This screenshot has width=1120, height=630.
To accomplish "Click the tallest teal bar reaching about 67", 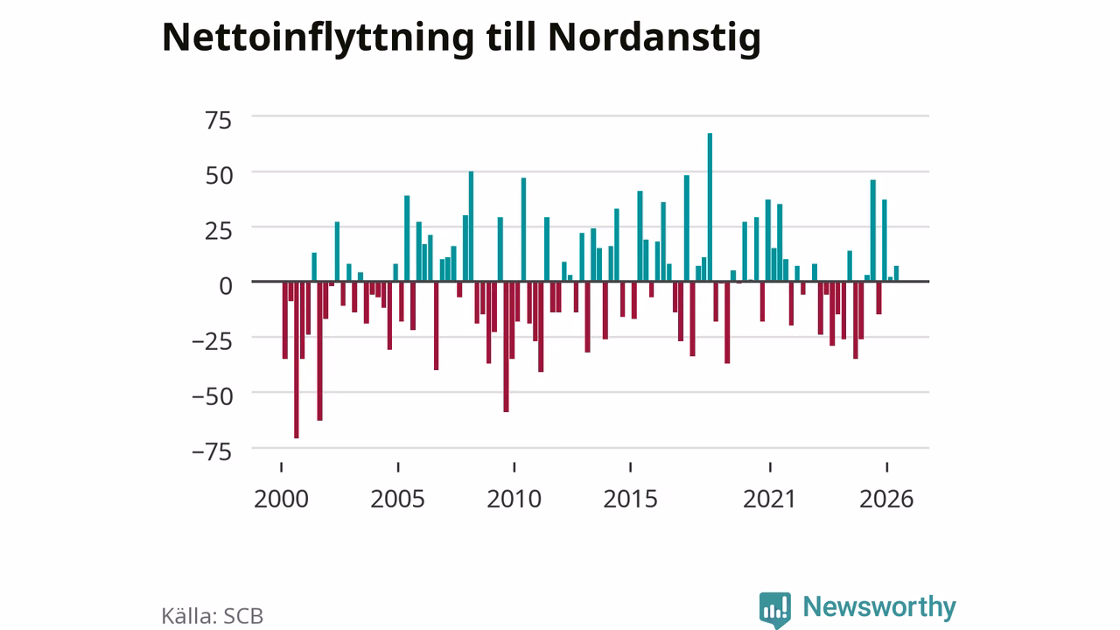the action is click(x=710, y=207).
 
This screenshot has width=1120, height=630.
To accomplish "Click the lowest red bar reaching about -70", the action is click(x=297, y=360).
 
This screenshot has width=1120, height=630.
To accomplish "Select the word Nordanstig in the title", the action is click(x=654, y=38).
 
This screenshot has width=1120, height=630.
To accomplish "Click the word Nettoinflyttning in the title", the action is click(x=318, y=38).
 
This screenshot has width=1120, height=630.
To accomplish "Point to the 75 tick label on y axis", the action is click(x=219, y=121).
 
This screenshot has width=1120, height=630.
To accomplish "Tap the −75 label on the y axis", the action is click(x=212, y=452).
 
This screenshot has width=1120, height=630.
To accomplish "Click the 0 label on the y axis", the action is click(x=226, y=286).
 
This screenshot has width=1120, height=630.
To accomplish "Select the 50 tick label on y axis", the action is click(x=219, y=176).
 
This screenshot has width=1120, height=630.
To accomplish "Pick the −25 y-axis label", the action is click(x=212, y=341).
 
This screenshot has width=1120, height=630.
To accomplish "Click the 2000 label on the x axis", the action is click(x=281, y=499).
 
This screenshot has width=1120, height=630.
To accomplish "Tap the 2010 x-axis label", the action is click(x=514, y=499).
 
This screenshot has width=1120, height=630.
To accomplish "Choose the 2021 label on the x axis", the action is click(x=769, y=499).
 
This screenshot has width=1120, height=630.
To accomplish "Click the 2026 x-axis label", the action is click(x=886, y=499).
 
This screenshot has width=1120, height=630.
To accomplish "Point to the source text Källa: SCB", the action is click(x=212, y=616).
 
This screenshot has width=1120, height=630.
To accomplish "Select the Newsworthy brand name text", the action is click(x=879, y=607).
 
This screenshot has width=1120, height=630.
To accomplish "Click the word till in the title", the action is click(x=510, y=37).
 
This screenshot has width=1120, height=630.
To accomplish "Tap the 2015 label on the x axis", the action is click(x=631, y=499).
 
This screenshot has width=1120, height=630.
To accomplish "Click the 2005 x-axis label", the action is click(x=397, y=499).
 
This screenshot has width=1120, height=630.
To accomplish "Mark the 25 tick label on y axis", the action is click(x=219, y=231).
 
